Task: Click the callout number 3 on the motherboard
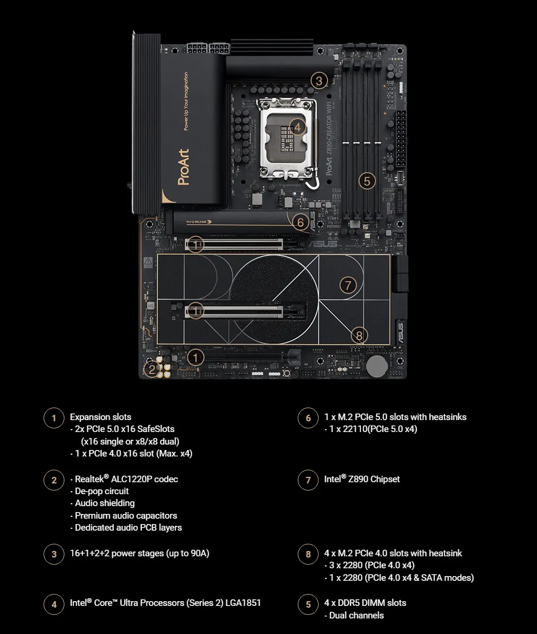coord(319,81)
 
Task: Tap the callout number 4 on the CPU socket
coord(298,127)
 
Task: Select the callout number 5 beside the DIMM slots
coord(366,180)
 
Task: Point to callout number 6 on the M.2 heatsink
coord(300,222)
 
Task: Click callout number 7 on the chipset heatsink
coord(348,285)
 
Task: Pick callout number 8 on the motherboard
coord(359,335)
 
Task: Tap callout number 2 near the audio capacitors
coord(152,369)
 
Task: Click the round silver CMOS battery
coord(376,366)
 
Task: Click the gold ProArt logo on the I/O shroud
coord(183,167)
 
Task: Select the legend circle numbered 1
coord(54,418)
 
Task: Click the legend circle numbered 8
coord(308,555)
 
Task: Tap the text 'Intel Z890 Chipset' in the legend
coord(362,479)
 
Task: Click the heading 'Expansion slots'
coord(100,417)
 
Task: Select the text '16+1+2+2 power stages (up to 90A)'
coord(140,553)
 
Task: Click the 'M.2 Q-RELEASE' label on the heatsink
coord(197,222)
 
